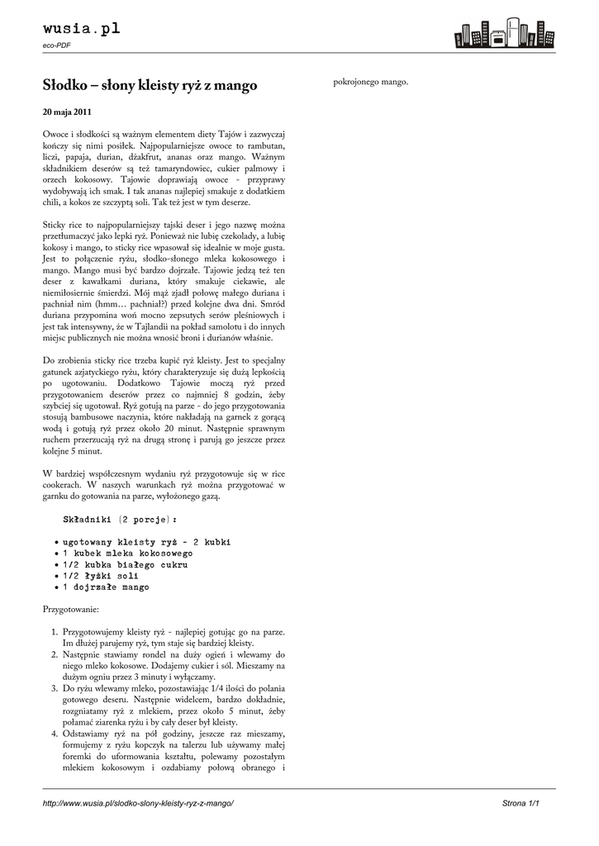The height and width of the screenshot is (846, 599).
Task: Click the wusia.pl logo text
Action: click(82, 29)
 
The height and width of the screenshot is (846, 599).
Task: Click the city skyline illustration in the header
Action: click(503, 33)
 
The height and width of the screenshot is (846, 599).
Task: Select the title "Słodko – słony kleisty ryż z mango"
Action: click(150, 85)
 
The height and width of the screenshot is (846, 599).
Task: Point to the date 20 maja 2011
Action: click(67, 112)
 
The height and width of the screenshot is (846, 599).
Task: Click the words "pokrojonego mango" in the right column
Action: click(370, 82)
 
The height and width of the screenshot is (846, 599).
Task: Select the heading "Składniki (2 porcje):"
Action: click(120, 520)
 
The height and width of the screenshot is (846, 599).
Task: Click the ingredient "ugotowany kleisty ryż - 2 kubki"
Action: click(146, 542)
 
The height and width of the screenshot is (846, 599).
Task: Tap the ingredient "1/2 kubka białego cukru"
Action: click(125, 565)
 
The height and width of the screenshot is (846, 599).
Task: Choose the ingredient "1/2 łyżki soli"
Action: click(102, 576)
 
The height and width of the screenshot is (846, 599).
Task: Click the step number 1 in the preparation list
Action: click(53, 632)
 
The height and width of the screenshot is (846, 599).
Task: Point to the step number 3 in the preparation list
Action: click(53, 687)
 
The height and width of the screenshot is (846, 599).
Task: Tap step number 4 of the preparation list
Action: click(53, 734)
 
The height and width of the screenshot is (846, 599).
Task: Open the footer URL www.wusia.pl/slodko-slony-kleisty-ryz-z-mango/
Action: click(139, 803)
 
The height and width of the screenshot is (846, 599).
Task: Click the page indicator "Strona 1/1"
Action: click(526, 803)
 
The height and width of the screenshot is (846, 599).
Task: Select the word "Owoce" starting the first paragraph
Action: click(56, 134)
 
